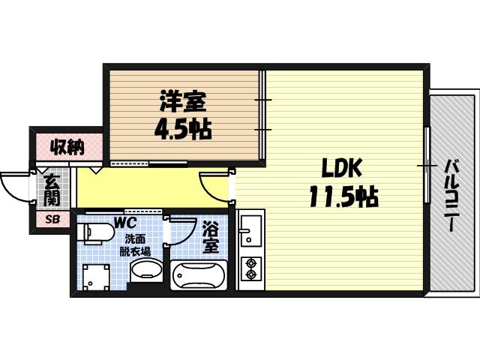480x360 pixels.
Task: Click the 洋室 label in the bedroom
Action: point(182,101)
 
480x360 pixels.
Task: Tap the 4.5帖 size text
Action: point(182,129)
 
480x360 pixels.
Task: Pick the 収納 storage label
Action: point(67,146)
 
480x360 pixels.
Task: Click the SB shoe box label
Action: point(52,220)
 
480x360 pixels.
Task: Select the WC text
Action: point(124,223)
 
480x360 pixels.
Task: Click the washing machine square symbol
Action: point(95,277)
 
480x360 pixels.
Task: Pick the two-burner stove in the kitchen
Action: point(249,269)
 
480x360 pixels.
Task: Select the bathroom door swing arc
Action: point(180,231)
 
